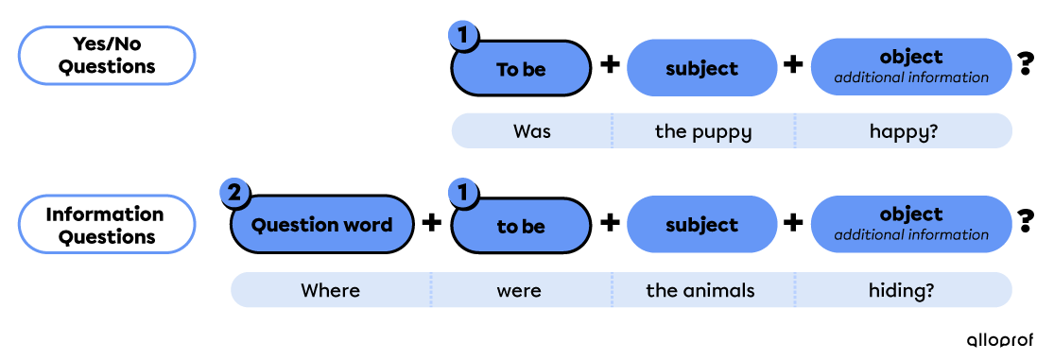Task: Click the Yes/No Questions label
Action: tap(107, 56)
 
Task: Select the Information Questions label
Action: tap(107, 225)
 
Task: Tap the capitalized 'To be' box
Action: tap(521, 69)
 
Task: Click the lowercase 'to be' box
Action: tap(521, 227)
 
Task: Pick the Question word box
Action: tap(322, 225)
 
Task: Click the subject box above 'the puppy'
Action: tap(701, 68)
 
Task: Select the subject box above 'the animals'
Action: tap(701, 225)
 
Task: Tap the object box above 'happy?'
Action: tap(911, 66)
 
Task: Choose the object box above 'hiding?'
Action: tap(911, 224)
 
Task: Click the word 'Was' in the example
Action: tap(531, 131)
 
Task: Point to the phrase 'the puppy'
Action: tap(703, 131)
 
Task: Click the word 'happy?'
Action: tap(904, 131)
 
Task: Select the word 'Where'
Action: tap(330, 290)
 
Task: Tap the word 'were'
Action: tap(519, 290)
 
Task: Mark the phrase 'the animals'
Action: tap(700, 290)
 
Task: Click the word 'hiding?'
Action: tap(901, 290)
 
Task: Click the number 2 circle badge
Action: tap(235, 194)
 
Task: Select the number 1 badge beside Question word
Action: tap(462, 194)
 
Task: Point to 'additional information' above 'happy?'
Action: tap(911, 77)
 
